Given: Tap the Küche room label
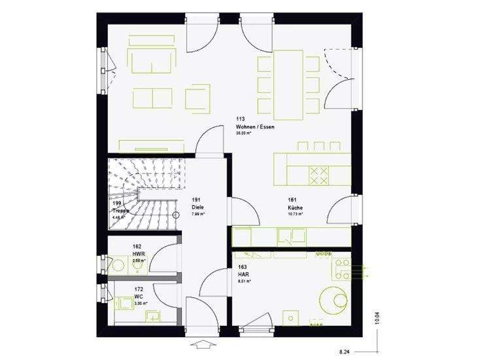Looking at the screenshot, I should click(x=295, y=206).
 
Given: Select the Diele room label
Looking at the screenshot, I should click(x=197, y=206).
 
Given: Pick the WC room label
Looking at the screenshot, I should click(x=138, y=296).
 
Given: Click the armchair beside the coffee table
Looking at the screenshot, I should click(x=197, y=98).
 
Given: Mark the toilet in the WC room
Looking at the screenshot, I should click(x=124, y=303).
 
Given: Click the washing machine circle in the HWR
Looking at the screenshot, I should click(x=119, y=266).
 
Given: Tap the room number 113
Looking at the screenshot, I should click(x=241, y=119).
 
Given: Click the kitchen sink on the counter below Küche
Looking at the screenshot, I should click(x=286, y=234).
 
